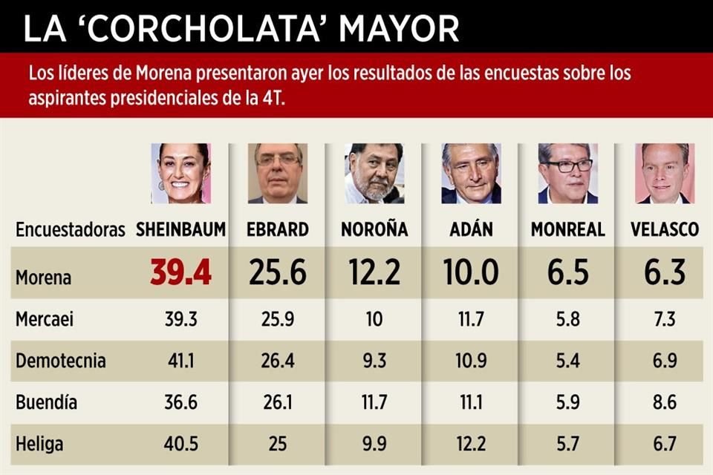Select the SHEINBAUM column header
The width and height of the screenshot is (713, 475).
(180, 229)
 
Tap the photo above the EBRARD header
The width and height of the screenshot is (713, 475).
(278, 174)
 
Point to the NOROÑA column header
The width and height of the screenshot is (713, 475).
(374, 229)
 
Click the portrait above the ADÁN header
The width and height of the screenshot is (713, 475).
(471, 174)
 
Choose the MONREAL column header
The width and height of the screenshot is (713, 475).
(567, 229)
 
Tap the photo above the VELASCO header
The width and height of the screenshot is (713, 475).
(665, 174)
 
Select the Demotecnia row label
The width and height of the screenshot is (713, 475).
(61, 361)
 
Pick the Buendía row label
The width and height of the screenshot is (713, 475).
(47, 403)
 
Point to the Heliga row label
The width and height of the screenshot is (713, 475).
(39, 445)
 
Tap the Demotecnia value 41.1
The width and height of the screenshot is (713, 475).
(180, 361)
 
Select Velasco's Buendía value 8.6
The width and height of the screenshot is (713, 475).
(665, 403)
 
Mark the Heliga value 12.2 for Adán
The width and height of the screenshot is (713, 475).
(471, 445)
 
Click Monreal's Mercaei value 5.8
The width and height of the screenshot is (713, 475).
(567, 319)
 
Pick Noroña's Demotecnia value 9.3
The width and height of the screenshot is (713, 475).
(374, 361)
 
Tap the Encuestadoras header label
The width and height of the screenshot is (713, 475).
(70, 229)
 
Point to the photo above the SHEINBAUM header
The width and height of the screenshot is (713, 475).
(180, 174)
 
